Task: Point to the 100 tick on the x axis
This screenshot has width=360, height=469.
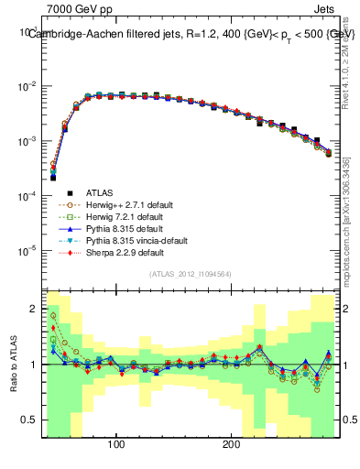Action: pos(116,444)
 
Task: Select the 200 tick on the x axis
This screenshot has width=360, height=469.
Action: pos(232,444)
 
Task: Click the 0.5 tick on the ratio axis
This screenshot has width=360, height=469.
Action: pos(28,420)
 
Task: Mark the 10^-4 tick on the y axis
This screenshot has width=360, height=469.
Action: pos(26,196)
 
